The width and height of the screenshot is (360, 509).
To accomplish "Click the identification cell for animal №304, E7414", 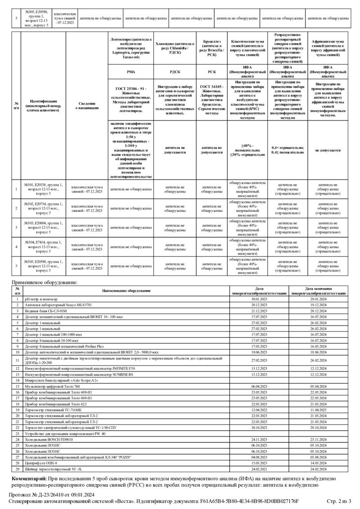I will [43, 247].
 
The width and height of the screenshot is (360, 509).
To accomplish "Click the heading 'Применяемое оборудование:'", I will [45, 282].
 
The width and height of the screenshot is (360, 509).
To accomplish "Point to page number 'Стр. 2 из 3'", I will [339, 501].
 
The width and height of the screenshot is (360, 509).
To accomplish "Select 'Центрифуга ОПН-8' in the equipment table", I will [40, 463].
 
